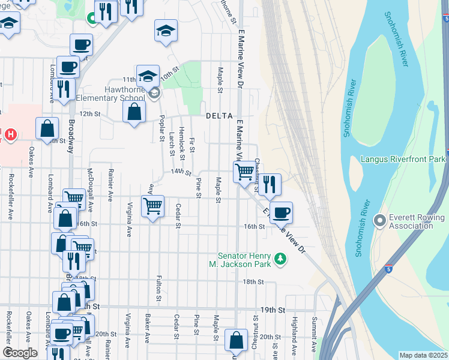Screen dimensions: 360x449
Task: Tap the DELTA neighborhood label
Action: point(218,115)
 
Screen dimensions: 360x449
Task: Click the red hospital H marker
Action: point(10,133)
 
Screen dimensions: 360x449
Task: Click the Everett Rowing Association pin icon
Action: point(379,220)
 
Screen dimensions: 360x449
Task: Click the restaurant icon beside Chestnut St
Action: point(270,184)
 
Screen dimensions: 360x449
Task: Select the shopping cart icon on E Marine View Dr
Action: point(244,172)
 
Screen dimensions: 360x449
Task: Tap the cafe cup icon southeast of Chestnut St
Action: point(281,212)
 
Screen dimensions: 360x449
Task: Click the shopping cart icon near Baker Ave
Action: point(152,206)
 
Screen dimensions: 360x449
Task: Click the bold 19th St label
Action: point(273,310)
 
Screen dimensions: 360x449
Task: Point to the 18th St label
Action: point(250,281)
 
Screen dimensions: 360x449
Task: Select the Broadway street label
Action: point(71,136)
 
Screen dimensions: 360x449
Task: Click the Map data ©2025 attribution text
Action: point(423,355)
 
